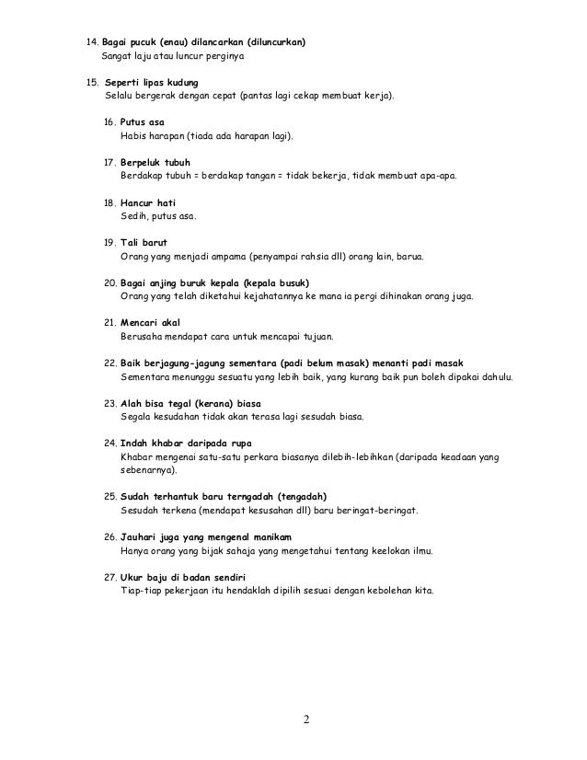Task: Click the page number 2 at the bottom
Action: [307, 719]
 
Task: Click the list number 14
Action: [91, 42]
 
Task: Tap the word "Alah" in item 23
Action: [132, 401]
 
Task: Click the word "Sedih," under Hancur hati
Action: [134, 216]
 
